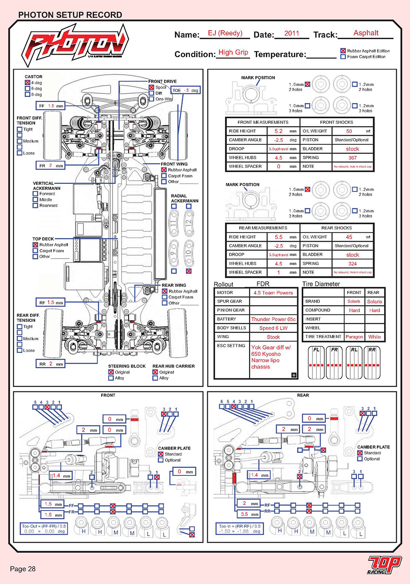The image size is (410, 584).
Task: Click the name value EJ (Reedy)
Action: tap(225, 33)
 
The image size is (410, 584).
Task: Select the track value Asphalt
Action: tap(366, 33)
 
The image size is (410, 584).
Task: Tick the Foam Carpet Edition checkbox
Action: tap(343, 57)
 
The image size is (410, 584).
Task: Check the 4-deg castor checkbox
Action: tap(27, 83)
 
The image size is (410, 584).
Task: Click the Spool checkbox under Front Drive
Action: tap(151, 87)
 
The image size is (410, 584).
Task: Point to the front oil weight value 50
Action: tap(349, 131)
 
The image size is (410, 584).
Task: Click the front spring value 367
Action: tap(353, 157)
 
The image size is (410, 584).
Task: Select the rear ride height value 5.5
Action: tap(279, 237)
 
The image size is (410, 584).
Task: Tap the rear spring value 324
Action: tap(353, 264)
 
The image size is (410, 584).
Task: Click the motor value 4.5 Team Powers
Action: tap(273, 293)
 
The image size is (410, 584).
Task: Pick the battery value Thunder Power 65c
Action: tap(273, 319)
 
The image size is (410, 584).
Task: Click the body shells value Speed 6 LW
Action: tap(273, 328)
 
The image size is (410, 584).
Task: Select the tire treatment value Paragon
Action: tap(354, 337)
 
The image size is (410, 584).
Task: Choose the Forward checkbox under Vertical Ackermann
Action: tap(35, 194)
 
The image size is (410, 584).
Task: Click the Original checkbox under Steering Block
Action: tap(111, 372)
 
